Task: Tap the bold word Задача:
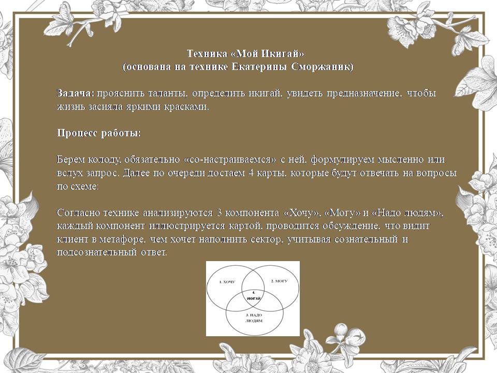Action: point(76,93)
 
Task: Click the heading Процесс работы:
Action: point(99,133)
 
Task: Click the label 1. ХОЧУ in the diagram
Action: point(227,282)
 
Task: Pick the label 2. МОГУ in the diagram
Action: point(279,281)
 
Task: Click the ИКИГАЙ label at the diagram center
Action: point(254,298)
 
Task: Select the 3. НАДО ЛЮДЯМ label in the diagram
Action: point(254,318)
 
